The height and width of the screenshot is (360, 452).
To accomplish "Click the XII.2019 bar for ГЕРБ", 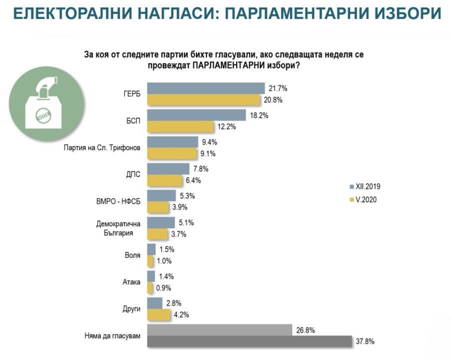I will [206, 88].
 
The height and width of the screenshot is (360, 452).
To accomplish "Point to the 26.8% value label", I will [306, 329].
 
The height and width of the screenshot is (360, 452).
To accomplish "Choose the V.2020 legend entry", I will [365, 200].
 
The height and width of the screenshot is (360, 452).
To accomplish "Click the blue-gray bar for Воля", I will [151, 249].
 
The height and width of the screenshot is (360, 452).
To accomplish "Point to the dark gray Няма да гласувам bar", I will [250, 341].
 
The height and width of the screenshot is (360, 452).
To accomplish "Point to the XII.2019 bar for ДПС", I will [168, 168].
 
